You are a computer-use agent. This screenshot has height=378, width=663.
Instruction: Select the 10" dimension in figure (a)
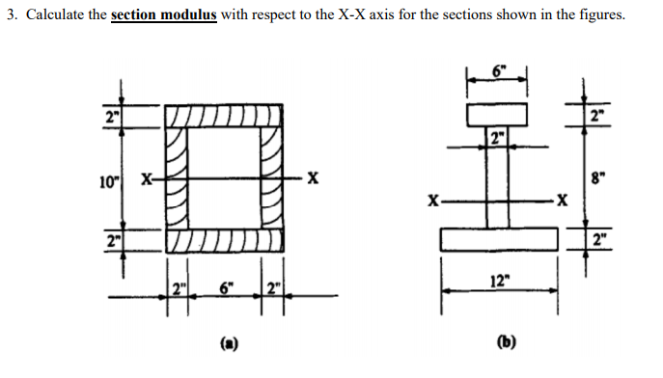pos(109,179)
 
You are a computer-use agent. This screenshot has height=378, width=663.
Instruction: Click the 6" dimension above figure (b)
pos(496,73)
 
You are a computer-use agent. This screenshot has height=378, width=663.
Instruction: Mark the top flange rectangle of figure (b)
pos(497,114)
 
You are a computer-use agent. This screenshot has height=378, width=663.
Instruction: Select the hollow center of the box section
pos(225,179)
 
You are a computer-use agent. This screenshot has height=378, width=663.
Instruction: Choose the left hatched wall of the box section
pos(177,179)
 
